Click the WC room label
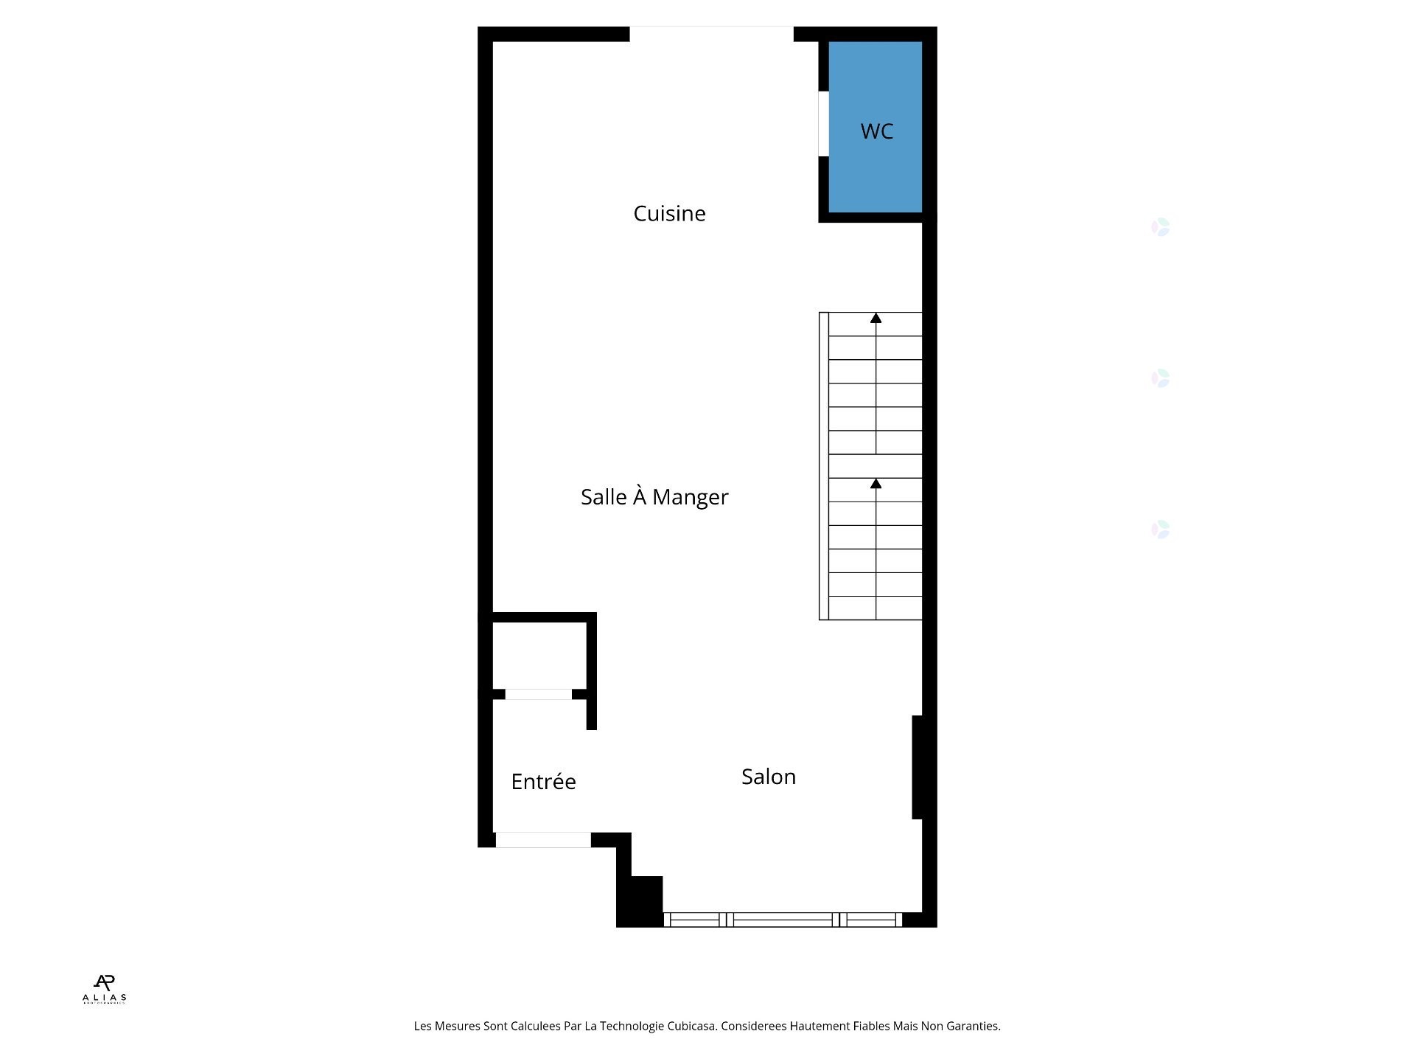[x=876, y=131]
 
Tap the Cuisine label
[x=669, y=214]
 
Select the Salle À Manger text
[x=654, y=497]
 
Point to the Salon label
[x=768, y=777]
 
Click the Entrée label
[x=543, y=782]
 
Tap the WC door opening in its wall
[x=823, y=124]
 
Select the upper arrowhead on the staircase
[x=876, y=319]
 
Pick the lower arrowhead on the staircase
[x=876, y=484]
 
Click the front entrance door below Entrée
[x=543, y=840]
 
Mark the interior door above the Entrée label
[x=538, y=694]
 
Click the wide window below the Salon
[x=783, y=920]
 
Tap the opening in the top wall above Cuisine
[x=711, y=34]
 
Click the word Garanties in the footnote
[x=974, y=1026]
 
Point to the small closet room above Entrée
[x=539, y=655]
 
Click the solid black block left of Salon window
[x=640, y=901]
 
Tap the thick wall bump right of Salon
[x=918, y=767]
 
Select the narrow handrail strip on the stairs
[x=824, y=466]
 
